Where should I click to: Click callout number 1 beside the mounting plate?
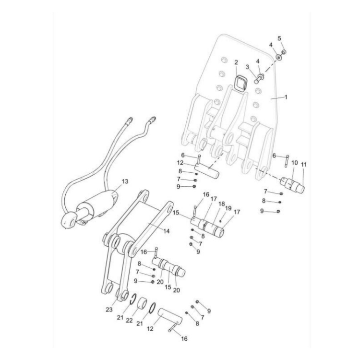click(286, 96)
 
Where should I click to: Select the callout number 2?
click(236, 62)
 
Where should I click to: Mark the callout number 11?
click(303, 165)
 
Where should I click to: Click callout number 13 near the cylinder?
click(125, 181)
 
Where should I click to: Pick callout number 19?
click(228, 208)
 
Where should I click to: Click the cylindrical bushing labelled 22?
click(143, 305)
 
